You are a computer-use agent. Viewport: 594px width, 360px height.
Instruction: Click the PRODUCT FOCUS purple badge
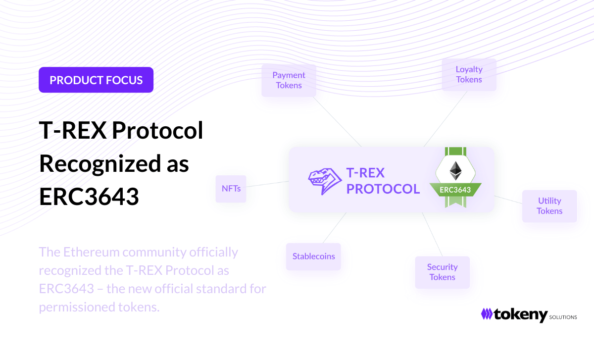pyautogui.click(x=96, y=80)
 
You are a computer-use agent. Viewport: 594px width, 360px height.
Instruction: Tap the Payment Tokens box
pyautogui.click(x=289, y=80)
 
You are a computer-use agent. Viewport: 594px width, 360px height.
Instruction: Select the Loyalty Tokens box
pyautogui.click(x=469, y=75)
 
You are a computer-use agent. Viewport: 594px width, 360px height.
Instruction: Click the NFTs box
pyautogui.click(x=231, y=189)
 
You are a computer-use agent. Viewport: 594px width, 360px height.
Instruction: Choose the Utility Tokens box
pyautogui.click(x=549, y=206)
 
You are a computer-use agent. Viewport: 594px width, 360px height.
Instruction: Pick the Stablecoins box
pyautogui.click(x=313, y=257)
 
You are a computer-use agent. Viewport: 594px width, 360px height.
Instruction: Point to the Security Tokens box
pyautogui.click(x=443, y=272)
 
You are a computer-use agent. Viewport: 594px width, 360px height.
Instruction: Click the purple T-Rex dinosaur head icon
pyautogui.click(x=325, y=181)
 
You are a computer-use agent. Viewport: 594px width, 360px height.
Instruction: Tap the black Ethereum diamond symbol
pyautogui.click(x=455, y=171)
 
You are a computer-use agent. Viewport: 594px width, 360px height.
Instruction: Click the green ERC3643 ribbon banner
pyautogui.click(x=455, y=190)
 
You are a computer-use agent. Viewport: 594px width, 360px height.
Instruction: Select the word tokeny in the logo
pyautogui.click(x=521, y=315)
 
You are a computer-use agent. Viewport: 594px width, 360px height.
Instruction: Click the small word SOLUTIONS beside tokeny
pyautogui.click(x=563, y=317)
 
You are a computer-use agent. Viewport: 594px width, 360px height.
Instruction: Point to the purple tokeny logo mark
pyautogui.click(x=487, y=314)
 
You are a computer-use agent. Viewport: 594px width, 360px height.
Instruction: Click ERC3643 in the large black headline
pyautogui.click(x=89, y=197)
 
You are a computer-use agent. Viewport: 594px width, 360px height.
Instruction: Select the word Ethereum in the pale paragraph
pyautogui.click(x=91, y=252)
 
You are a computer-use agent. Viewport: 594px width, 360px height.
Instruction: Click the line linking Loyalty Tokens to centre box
pyautogui.click(x=445, y=119)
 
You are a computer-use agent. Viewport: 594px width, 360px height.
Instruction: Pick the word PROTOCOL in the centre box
pyautogui.click(x=383, y=189)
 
